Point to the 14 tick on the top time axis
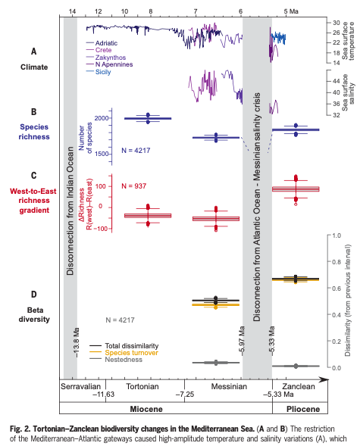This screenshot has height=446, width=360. pyautogui.click(x=72, y=11)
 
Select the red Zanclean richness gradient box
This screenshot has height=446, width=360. pyautogui.click(x=296, y=189)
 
